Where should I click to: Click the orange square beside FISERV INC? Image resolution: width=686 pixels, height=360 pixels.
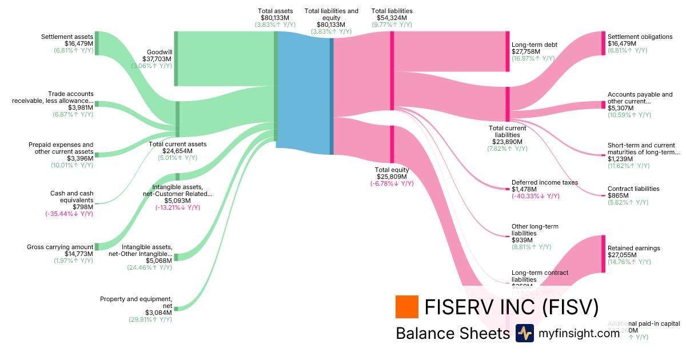pos(407,306)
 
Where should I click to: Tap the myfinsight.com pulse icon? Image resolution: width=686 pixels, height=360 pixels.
pos(524,333)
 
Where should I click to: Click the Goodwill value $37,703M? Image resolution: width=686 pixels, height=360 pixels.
pos(159,58)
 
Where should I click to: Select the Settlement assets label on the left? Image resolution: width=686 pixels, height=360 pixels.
pos(67,37)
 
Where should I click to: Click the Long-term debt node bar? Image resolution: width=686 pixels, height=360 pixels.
pos(507,51)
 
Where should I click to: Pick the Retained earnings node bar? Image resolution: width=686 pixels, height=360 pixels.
pos(603,254)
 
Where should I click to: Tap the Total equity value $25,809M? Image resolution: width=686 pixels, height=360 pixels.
pos(392,177)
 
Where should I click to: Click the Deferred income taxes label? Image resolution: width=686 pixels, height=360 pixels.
pos(544,182)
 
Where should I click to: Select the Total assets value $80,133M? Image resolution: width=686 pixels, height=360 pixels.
pos(275,18)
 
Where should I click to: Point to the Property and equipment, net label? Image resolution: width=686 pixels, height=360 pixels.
pos(136,302)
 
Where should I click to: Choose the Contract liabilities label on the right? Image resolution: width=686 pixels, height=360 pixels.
pos(633,189)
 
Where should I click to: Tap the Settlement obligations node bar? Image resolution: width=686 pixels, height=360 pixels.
pos(603,43)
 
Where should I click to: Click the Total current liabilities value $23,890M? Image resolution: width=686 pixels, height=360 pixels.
pos(508,141)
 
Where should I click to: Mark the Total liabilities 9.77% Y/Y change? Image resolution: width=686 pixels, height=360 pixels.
pos(392,25)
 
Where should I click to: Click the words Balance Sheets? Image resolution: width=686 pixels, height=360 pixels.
pos(452,333)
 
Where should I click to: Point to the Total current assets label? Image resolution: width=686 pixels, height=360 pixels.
pos(177,144)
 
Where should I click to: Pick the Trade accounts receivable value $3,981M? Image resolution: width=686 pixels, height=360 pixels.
pos(81,107)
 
